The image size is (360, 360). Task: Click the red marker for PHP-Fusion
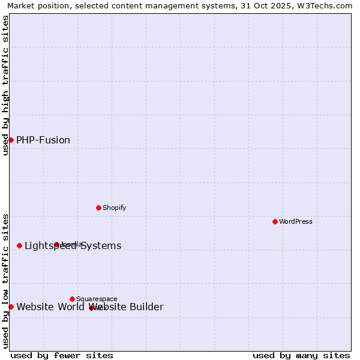[x=11, y=140]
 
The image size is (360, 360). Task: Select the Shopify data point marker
[x=98, y=208]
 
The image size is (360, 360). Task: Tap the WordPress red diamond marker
[x=275, y=221]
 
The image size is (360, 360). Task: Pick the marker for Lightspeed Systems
[x=19, y=245]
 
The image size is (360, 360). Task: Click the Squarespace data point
[x=72, y=299]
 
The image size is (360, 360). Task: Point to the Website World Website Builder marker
[x=11, y=307]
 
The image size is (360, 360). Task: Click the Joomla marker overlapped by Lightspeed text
[x=56, y=244]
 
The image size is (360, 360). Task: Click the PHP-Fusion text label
[x=43, y=140]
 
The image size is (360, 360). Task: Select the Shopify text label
[x=114, y=208]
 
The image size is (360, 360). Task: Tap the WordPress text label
[x=296, y=221]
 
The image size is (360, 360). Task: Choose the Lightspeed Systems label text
[x=73, y=246]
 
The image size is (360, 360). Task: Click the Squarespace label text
[x=97, y=299]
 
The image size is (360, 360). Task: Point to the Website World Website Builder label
[x=89, y=307]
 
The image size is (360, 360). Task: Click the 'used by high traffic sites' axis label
[x=6, y=85]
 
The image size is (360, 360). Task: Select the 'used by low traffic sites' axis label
[x=6, y=281]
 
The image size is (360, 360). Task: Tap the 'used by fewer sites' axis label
[x=62, y=356]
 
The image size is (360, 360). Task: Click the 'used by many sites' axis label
[x=301, y=356]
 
